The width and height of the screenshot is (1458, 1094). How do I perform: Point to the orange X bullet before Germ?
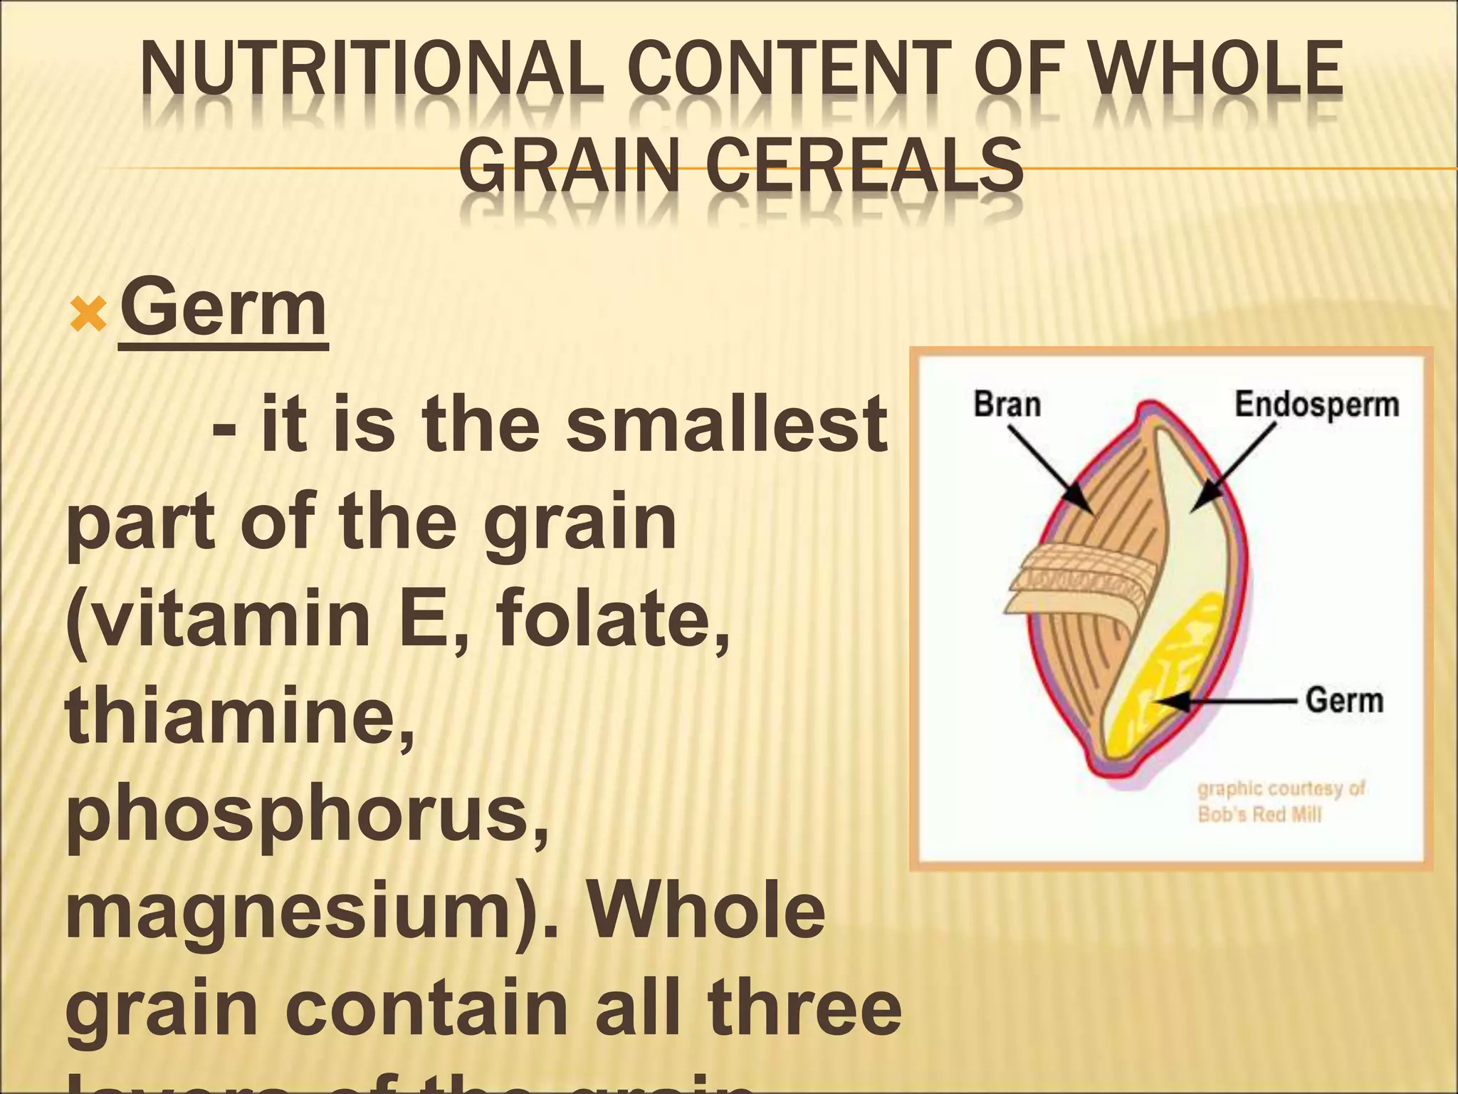(88, 314)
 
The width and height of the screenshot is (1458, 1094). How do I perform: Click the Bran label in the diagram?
(1007, 404)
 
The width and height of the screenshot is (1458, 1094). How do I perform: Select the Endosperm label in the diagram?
(1316, 404)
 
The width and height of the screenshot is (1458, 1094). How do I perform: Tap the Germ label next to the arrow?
(1344, 701)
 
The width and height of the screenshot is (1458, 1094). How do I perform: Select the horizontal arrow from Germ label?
(1224, 702)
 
